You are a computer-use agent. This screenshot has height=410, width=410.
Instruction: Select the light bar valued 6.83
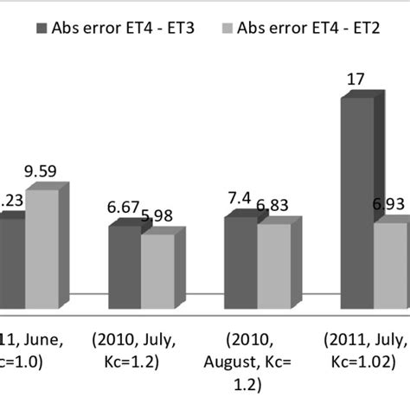pos(272,259)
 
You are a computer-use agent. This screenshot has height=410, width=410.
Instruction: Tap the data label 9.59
pos(41,171)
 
